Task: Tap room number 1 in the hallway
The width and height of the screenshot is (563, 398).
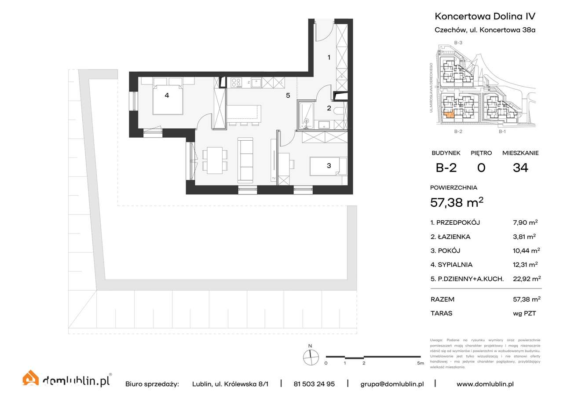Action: point(328,57)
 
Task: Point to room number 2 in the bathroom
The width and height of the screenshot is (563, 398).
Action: point(328,108)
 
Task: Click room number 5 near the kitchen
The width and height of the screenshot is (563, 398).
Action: point(288,95)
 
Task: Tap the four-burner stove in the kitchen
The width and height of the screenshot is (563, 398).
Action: point(236,82)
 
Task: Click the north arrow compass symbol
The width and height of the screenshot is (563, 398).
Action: point(311,357)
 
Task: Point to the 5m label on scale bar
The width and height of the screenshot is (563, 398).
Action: point(420,363)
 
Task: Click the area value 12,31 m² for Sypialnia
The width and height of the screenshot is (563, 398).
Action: point(526,265)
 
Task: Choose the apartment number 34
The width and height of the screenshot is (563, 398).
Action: point(520,168)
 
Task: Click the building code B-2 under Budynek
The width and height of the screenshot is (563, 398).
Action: point(446,168)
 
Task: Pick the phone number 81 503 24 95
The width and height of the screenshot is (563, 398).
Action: point(314,384)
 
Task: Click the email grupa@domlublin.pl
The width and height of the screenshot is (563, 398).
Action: point(392,384)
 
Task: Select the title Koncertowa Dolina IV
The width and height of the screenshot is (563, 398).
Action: point(485,17)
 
